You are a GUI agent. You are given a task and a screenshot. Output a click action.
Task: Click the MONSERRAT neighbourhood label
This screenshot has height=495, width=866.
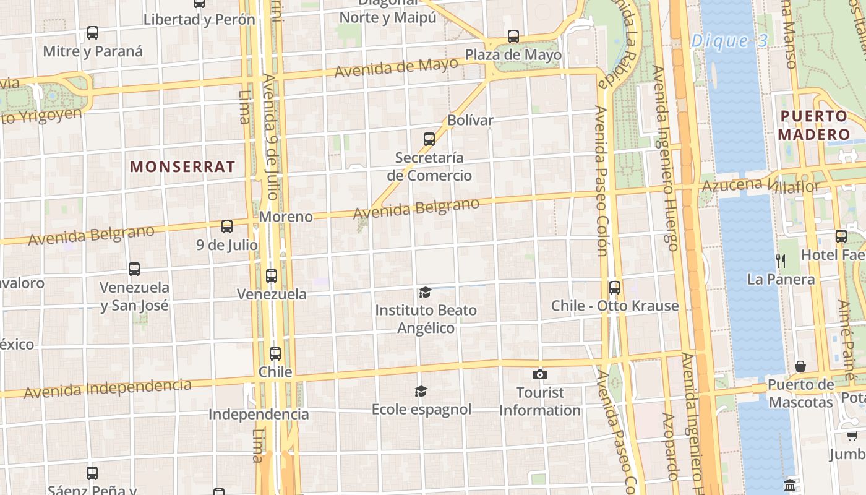click(182, 166)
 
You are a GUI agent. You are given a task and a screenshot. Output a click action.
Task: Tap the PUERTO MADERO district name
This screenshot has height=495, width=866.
click(814, 125)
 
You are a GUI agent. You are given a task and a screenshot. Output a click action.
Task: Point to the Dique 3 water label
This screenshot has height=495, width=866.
click(729, 41)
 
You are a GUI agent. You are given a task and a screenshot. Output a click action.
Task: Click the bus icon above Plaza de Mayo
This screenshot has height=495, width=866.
click(513, 37)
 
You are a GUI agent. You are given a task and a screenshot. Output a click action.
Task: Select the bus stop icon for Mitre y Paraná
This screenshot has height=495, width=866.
click(93, 33)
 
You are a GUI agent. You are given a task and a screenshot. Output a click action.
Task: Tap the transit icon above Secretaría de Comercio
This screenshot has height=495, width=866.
click(429, 139)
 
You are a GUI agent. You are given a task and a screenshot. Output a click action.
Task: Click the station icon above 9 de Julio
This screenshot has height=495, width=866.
click(227, 226)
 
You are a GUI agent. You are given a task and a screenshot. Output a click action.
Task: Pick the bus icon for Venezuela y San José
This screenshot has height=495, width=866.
click(134, 269)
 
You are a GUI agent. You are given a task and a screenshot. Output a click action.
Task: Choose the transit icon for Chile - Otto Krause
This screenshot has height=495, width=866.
click(614, 287)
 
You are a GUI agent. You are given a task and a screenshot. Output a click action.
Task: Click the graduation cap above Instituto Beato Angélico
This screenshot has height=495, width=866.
click(425, 292)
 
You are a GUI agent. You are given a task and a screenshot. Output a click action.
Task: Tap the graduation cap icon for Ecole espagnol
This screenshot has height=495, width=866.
click(421, 391)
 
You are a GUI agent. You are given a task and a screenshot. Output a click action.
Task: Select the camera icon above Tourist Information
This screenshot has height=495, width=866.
click(539, 374)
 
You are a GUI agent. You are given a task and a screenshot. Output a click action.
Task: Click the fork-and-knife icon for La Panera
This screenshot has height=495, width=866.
click(781, 260)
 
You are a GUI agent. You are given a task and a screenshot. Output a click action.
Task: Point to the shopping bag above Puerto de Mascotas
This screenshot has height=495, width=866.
click(800, 366)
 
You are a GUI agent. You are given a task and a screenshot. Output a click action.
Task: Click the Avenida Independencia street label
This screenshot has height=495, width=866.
click(108, 389)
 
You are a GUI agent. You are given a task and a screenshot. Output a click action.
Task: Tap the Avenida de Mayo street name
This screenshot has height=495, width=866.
click(396, 67)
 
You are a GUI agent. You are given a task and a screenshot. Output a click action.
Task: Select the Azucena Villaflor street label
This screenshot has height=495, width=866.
click(760, 185)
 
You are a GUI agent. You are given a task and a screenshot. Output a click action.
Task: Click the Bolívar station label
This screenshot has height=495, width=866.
click(470, 120)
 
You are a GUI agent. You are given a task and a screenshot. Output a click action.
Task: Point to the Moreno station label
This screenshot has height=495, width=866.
click(286, 217)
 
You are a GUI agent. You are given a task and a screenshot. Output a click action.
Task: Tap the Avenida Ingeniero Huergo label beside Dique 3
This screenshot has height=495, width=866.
click(664, 158)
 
